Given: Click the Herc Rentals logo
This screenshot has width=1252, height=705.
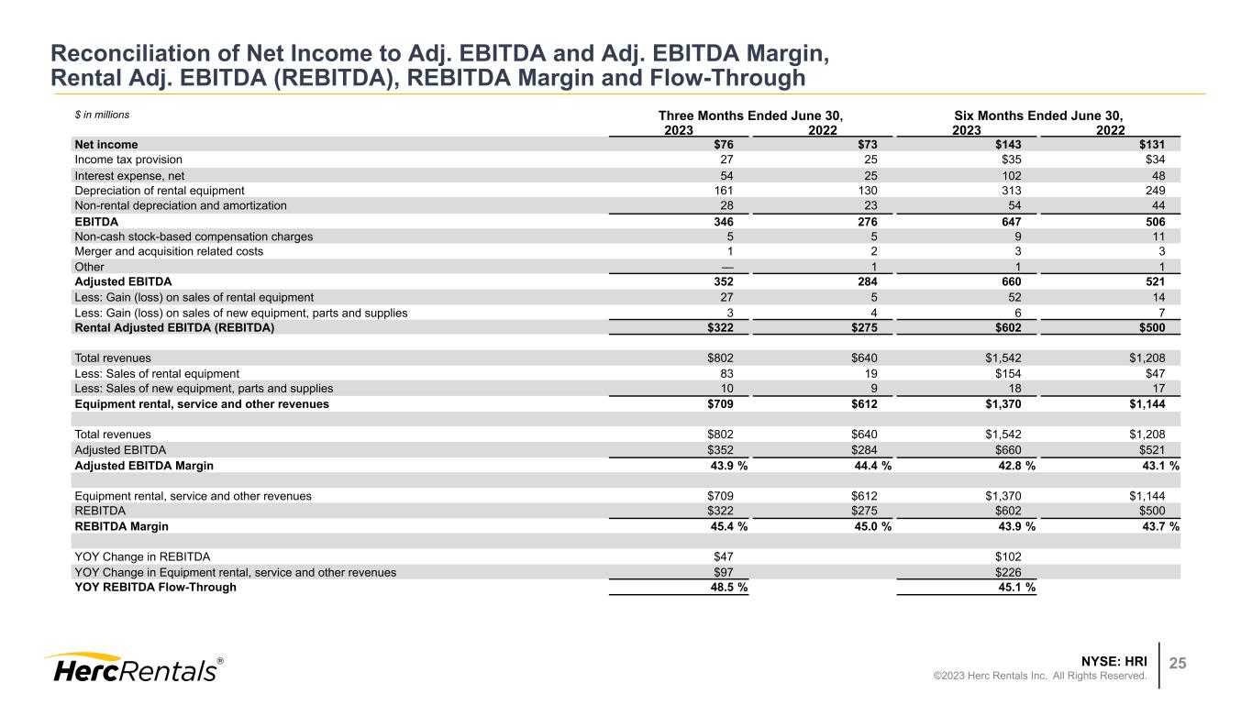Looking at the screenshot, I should coord(134,668).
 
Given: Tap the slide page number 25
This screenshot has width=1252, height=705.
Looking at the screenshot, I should coord(1176,664).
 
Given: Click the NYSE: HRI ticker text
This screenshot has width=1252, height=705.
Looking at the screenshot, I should coord(1114,660).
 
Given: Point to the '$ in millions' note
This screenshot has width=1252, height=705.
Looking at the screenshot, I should coord(102,116).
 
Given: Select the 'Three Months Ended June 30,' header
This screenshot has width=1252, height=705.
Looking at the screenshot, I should coord(750,116).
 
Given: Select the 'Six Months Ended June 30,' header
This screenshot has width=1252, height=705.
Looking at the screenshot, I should coord(1039,116).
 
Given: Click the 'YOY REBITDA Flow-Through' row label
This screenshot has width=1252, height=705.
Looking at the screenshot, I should coord(155,588).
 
